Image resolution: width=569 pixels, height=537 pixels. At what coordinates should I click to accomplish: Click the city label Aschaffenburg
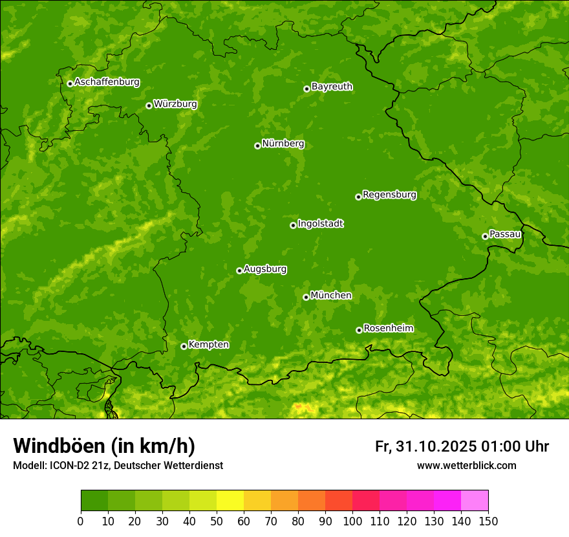click(107, 82)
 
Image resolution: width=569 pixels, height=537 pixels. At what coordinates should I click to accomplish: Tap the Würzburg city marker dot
click(149, 105)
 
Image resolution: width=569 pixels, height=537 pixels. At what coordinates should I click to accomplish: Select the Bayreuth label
click(332, 86)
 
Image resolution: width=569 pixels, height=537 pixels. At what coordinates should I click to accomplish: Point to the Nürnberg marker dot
click(257, 146)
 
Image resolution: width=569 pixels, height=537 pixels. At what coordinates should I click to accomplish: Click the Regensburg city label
click(389, 194)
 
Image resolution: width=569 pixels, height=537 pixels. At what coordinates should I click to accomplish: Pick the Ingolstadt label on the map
click(320, 223)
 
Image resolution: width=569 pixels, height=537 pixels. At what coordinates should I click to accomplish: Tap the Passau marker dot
click(485, 236)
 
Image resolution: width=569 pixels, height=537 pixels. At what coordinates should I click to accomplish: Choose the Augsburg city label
click(265, 268)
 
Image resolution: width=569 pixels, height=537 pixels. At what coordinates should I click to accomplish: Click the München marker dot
click(306, 297)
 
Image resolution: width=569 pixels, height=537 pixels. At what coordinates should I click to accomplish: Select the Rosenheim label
click(388, 328)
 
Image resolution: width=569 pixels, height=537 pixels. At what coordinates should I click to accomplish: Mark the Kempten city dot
click(184, 346)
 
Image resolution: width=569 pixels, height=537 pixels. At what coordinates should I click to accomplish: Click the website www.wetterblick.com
click(466, 465)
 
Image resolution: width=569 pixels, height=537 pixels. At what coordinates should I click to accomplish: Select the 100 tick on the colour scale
click(352, 520)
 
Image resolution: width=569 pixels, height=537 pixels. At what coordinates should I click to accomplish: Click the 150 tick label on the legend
click(488, 520)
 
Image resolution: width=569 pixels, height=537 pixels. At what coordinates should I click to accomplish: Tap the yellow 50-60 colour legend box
click(230, 501)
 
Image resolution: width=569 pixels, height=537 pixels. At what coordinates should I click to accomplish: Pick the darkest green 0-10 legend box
click(94, 501)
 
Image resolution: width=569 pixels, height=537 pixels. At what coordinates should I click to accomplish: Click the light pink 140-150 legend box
click(475, 501)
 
